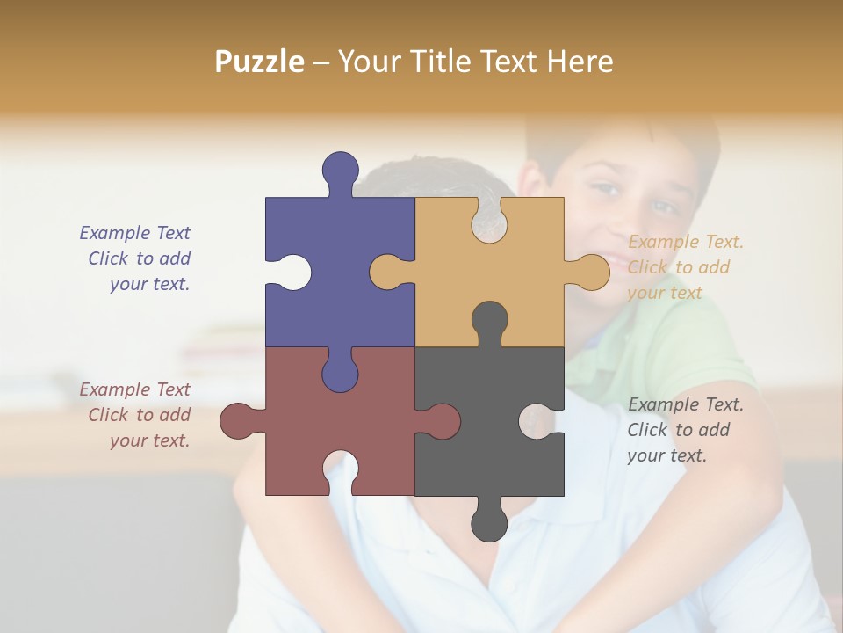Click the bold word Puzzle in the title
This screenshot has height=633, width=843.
pyautogui.click(x=259, y=62)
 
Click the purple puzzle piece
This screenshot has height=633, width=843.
pyautogui.click(x=351, y=264)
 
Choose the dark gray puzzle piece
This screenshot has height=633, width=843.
pyautogui.click(x=492, y=440)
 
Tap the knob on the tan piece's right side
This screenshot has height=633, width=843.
pyautogui.click(x=590, y=273)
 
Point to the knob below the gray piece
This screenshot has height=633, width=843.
pyautogui.click(x=489, y=523)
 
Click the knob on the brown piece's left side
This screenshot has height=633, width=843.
pyautogui.click(x=239, y=421)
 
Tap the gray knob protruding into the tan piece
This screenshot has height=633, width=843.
pyautogui.click(x=489, y=320)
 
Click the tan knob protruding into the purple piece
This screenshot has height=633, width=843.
pyautogui.click(x=388, y=273)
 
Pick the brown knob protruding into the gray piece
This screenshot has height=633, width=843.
pyautogui.click(x=442, y=421)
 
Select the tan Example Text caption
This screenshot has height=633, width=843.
pyautogui.click(x=685, y=267)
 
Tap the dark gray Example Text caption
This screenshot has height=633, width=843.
pyautogui.click(x=685, y=430)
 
